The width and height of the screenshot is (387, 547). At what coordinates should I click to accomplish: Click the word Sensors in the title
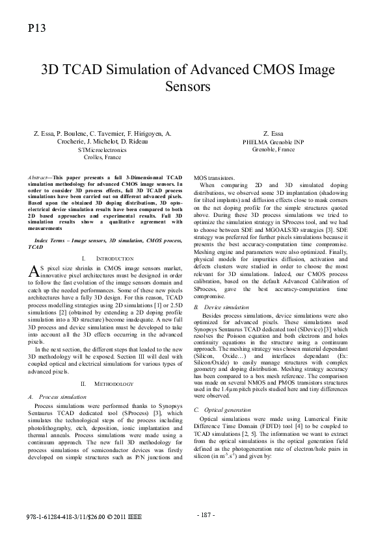pyautogui.click(x=193, y=86)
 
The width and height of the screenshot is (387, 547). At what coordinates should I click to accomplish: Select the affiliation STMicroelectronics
pyautogui.click(x=102, y=149)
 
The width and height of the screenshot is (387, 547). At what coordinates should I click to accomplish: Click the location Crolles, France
pyautogui.click(x=102, y=157)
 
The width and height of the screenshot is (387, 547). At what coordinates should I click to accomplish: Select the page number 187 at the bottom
pyautogui.click(x=206, y=515)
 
